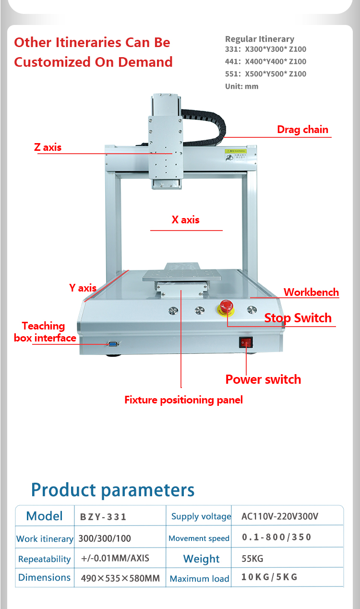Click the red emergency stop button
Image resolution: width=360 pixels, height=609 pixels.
click(x=226, y=307)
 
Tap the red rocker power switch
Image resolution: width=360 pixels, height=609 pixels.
click(x=246, y=342)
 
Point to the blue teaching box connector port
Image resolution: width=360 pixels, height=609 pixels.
click(x=113, y=344)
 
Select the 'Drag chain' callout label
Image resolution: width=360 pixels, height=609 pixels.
click(x=303, y=129)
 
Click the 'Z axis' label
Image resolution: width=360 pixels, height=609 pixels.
click(x=48, y=147)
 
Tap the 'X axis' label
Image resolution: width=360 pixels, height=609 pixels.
click(x=186, y=219)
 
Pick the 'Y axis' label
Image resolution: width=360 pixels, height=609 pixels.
click(x=83, y=288)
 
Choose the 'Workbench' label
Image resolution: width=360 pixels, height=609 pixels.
click(x=312, y=292)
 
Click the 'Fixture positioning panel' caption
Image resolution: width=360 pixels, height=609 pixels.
click(x=184, y=400)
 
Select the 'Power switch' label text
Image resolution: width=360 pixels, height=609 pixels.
click(x=263, y=379)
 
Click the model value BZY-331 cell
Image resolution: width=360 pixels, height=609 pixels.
click(x=103, y=517)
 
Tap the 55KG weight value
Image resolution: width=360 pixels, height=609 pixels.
click(x=252, y=559)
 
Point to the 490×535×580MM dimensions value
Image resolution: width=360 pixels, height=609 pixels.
click(x=120, y=578)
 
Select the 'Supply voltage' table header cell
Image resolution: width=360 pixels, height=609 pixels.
click(x=201, y=516)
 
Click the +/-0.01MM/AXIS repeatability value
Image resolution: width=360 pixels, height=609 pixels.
click(x=115, y=558)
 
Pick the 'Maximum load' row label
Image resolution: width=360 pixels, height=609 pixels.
click(x=199, y=579)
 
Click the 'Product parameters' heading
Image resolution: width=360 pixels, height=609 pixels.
click(x=113, y=490)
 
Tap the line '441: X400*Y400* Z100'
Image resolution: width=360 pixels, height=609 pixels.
click(x=265, y=61)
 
